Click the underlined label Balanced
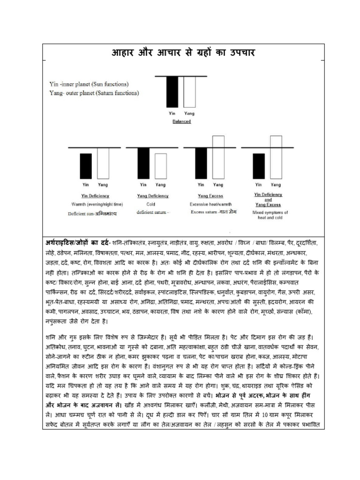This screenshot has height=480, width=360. [181, 120]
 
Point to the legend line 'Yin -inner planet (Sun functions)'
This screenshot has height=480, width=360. [89, 84]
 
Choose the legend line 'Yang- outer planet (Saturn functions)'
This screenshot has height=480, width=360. [94, 93]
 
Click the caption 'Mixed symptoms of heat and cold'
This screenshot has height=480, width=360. [270, 215]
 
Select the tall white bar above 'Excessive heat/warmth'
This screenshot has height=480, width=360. [218, 155]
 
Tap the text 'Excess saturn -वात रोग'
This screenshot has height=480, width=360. [214, 212]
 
